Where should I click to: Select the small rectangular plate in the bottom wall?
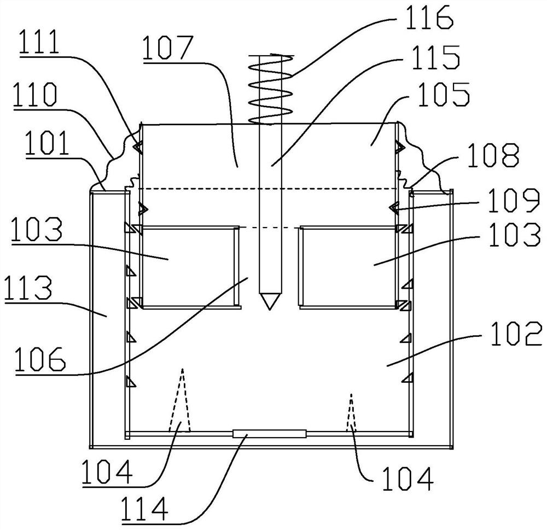270,434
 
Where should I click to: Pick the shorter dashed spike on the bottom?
351,413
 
